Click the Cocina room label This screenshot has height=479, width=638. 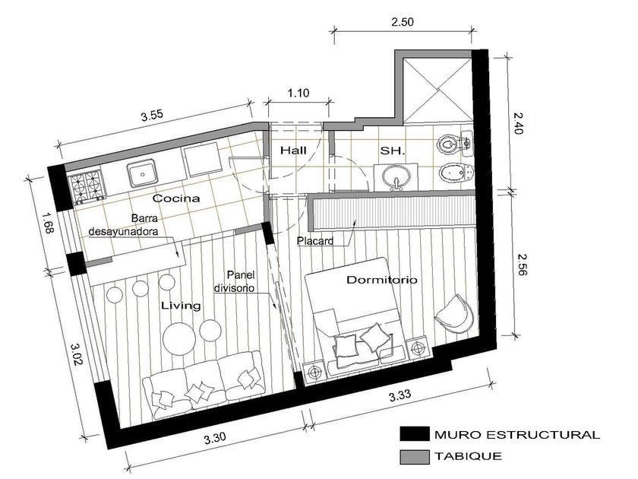(x=175, y=198)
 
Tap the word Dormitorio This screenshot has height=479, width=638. (x=381, y=280)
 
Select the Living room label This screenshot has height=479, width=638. (x=181, y=306)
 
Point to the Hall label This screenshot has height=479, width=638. (x=293, y=151)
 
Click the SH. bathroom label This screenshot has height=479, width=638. (x=392, y=151)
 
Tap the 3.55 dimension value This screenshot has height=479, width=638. (x=152, y=116)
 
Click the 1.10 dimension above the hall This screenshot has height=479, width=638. (x=298, y=93)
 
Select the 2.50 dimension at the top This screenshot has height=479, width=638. (x=403, y=21)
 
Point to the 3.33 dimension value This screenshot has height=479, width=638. (x=400, y=395)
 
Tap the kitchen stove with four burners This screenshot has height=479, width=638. (x=87, y=187)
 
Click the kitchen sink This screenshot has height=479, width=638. (x=142, y=173)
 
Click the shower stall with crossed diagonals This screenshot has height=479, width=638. (x=437, y=90)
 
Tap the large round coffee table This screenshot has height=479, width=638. (x=178, y=339)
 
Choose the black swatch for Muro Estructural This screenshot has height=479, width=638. (x=414, y=434)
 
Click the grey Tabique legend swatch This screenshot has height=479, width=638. (x=414, y=457)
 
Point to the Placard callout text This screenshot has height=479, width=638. (x=315, y=241)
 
